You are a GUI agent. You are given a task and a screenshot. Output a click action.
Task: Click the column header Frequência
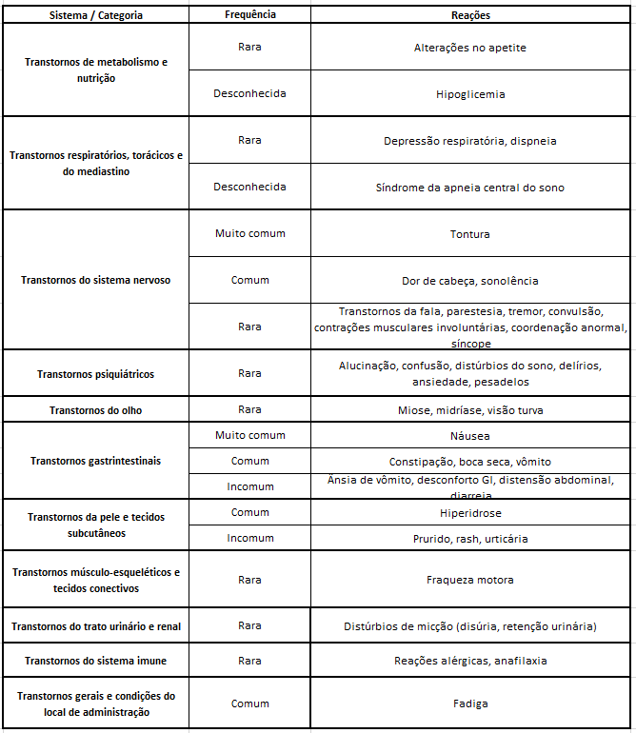click(x=249, y=15)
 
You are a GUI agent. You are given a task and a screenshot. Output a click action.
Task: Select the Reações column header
click(x=470, y=15)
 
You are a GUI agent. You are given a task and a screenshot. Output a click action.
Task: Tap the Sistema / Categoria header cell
click(x=95, y=15)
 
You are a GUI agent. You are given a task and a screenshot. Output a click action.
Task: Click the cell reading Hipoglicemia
click(x=470, y=94)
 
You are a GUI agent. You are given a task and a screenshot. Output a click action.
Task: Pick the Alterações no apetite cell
click(x=470, y=48)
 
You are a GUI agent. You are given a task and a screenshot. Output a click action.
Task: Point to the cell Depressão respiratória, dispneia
click(x=470, y=141)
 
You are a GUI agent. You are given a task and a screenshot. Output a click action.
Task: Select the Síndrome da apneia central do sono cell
click(x=470, y=188)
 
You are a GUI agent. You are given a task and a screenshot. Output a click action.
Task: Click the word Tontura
click(x=470, y=234)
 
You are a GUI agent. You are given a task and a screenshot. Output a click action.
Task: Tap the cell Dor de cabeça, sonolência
click(x=470, y=281)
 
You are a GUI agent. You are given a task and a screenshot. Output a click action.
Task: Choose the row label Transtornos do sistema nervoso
click(x=95, y=281)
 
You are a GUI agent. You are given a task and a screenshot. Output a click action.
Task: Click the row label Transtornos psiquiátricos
click(x=95, y=374)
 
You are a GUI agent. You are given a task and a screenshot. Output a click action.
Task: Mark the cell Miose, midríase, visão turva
click(x=470, y=410)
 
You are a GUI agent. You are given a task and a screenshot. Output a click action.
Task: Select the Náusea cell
click(x=470, y=436)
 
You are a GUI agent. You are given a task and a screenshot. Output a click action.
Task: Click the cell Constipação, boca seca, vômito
click(x=470, y=462)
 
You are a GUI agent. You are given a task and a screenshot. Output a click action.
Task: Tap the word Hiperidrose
click(x=470, y=513)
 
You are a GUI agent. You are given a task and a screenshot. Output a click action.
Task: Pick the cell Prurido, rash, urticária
click(x=470, y=539)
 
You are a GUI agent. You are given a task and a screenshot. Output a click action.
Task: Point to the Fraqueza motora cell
click(x=470, y=580)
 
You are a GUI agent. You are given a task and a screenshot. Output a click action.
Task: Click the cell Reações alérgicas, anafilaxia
click(x=470, y=661)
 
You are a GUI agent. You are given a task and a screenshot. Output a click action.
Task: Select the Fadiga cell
click(x=470, y=703)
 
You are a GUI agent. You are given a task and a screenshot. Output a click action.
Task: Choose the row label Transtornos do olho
click(x=95, y=410)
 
